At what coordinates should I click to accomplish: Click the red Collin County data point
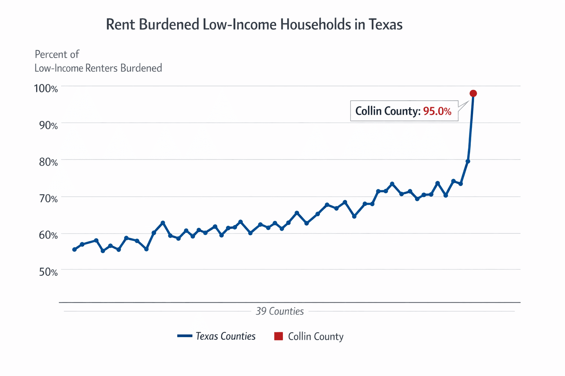coord(473,93)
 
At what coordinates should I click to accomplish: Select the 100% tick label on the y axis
coord(46,88)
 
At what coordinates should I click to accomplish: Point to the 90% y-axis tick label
coord(48,125)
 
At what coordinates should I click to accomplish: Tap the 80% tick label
coord(48,162)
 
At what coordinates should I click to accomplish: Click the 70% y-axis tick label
coord(48,199)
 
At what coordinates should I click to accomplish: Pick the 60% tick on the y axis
coord(48,235)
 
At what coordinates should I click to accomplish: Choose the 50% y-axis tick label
coord(48,272)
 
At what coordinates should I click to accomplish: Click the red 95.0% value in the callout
coord(437,111)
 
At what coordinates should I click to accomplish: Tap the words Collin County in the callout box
coord(387,111)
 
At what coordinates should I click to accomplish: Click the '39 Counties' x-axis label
coord(280,311)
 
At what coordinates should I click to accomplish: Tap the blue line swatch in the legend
coord(185,336)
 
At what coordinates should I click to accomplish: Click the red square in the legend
coord(278,336)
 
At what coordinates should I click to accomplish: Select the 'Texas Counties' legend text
coord(225,336)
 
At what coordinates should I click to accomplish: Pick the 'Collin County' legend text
coord(316,336)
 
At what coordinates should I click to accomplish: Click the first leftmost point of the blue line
coord(74,249)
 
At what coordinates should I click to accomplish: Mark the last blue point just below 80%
coord(468,161)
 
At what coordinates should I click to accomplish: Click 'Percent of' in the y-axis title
coord(57,54)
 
